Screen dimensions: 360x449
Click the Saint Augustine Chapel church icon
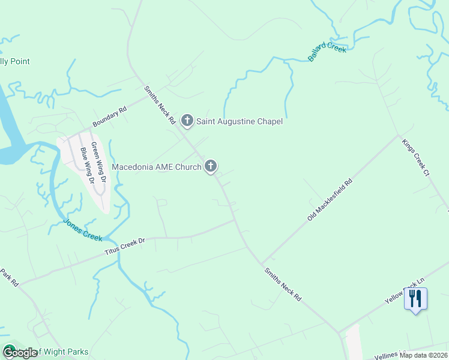tap(187, 121)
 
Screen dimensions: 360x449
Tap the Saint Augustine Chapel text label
tap(240, 122)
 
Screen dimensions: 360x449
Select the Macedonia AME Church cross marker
tap(211, 166)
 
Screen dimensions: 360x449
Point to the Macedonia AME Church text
tap(157, 167)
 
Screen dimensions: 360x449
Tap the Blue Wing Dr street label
tap(88, 164)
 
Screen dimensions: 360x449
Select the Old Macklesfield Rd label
tap(329, 199)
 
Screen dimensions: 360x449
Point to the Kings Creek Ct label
tap(416, 158)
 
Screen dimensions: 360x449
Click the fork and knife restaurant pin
tap(415, 298)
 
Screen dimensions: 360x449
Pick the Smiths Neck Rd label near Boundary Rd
tap(159, 105)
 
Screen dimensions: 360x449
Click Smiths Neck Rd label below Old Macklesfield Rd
tap(282, 284)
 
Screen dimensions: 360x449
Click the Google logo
tap(19, 353)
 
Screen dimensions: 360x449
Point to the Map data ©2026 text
tap(423, 355)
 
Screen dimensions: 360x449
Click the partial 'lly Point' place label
tap(15, 61)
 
